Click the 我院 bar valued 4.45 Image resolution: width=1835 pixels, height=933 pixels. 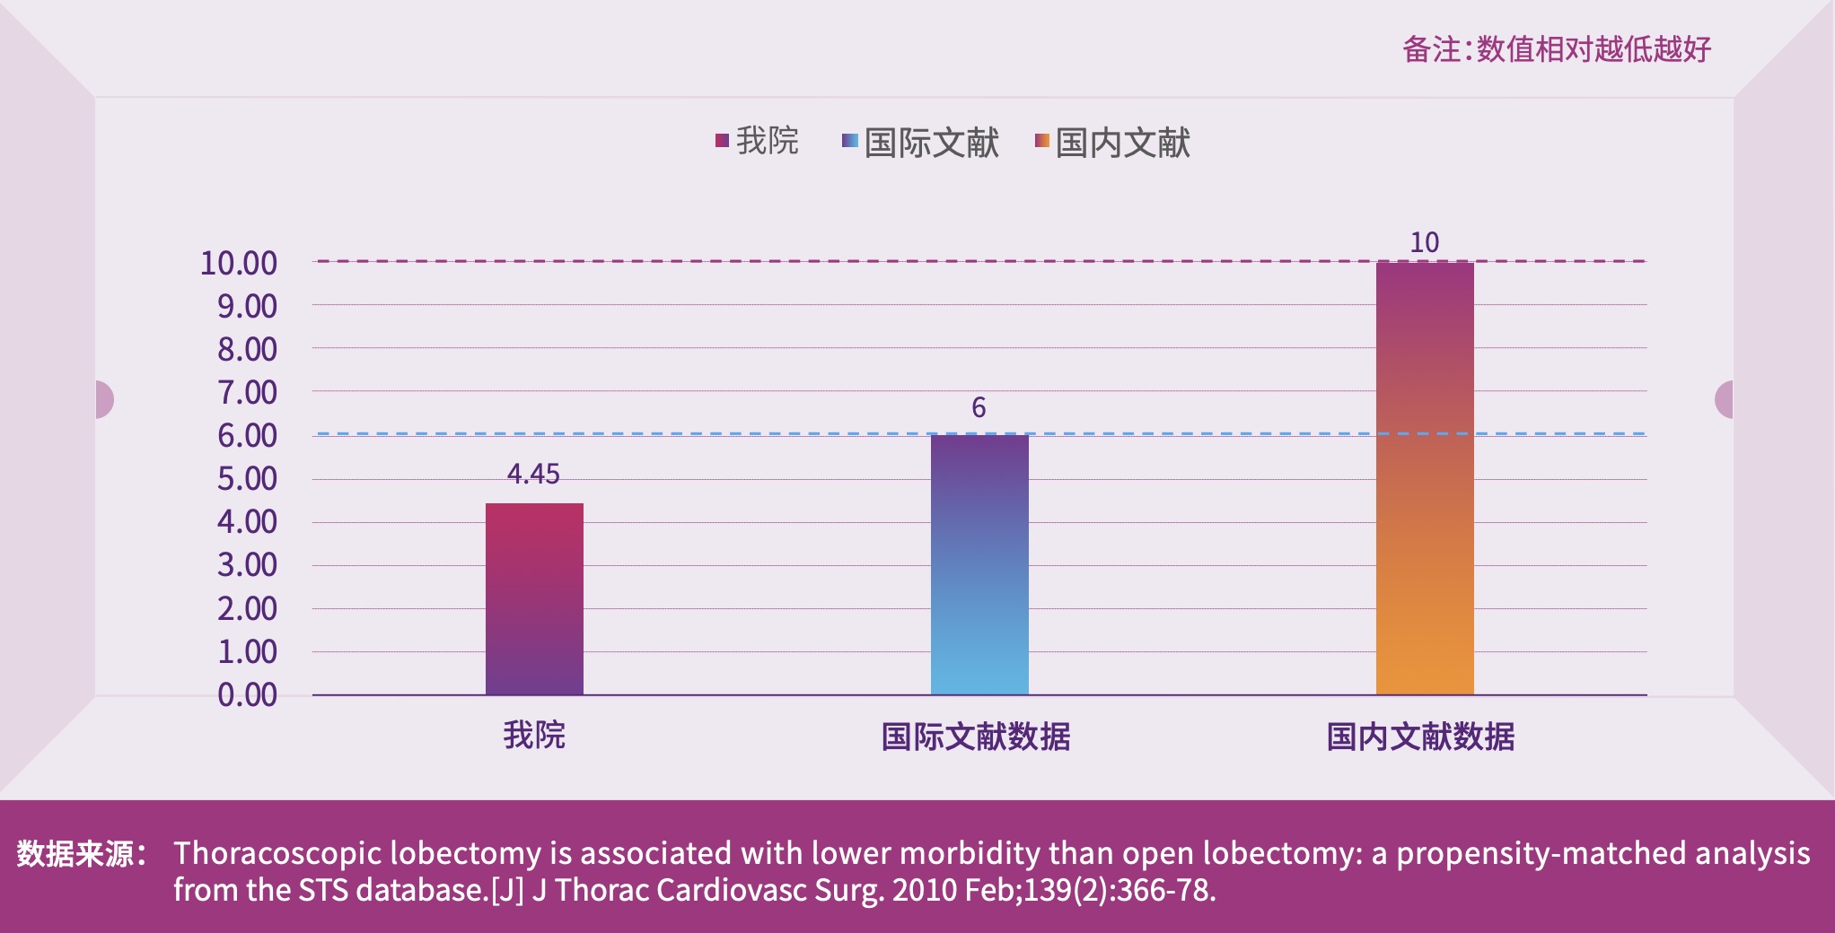[534, 598]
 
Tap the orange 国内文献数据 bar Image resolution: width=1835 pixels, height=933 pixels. [1425, 478]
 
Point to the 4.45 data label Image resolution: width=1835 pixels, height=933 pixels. [533, 474]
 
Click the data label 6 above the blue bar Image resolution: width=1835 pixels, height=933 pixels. [979, 407]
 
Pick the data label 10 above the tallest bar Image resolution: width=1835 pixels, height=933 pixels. [1424, 242]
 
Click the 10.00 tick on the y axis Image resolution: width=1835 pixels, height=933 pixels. [238, 263]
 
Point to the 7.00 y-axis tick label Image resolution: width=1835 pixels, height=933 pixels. [247, 392]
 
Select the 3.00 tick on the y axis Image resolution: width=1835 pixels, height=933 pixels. [247, 564]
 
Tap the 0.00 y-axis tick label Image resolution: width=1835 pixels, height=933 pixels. [247, 694]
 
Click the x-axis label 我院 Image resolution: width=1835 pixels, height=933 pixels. [534, 735]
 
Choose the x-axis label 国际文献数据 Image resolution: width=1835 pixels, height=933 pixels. [976, 737]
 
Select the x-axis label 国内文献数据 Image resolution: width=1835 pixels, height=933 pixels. [1420, 737]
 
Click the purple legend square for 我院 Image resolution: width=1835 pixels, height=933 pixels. [722, 140]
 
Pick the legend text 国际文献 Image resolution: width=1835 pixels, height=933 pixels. [931, 143]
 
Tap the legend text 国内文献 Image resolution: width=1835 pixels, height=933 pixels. [1122, 143]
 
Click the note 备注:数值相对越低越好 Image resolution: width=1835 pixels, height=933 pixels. [1557, 48]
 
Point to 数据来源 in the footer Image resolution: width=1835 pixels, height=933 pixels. [81, 853]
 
